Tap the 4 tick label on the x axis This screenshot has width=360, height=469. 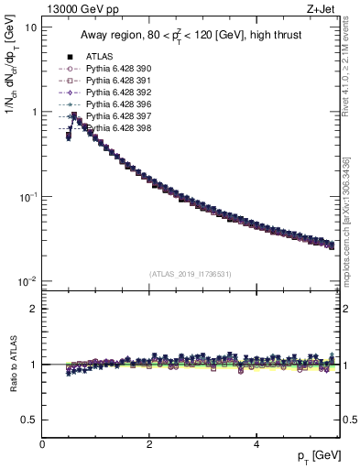256,444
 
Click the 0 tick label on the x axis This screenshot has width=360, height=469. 43,444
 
